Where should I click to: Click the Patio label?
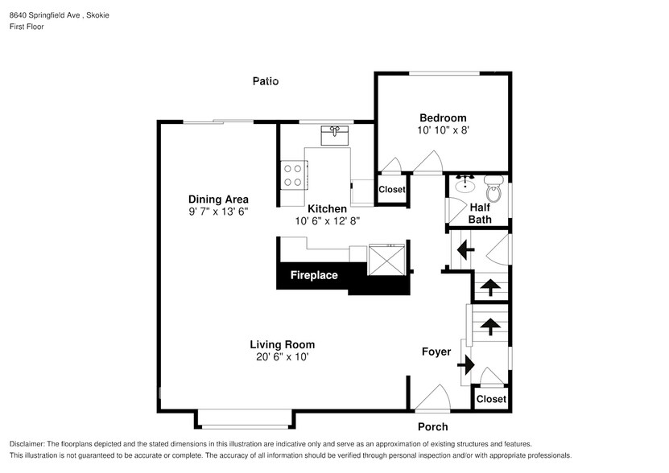[266, 81]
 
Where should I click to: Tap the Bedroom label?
[443, 117]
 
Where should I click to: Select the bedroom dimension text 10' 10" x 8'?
[443, 130]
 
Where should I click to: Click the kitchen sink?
[335, 135]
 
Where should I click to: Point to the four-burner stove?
[294, 175]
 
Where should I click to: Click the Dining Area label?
[218, 199]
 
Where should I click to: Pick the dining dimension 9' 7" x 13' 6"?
[218, 212]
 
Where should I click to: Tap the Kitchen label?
[327, 208]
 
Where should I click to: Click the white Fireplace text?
[314, 275]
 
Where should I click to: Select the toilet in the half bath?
[494, 188]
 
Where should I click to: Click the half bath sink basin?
[465, 185]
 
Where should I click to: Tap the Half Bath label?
[480, 213]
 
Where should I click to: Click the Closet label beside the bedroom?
[392, 189]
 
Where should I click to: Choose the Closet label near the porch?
[491, 399]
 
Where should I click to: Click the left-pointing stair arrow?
[465, 249]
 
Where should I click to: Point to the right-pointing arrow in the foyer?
[466, 365]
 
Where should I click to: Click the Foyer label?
[436, 352]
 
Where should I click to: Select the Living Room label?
[283, 344]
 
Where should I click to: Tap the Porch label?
[432, 426]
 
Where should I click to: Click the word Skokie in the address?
[97, 15]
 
